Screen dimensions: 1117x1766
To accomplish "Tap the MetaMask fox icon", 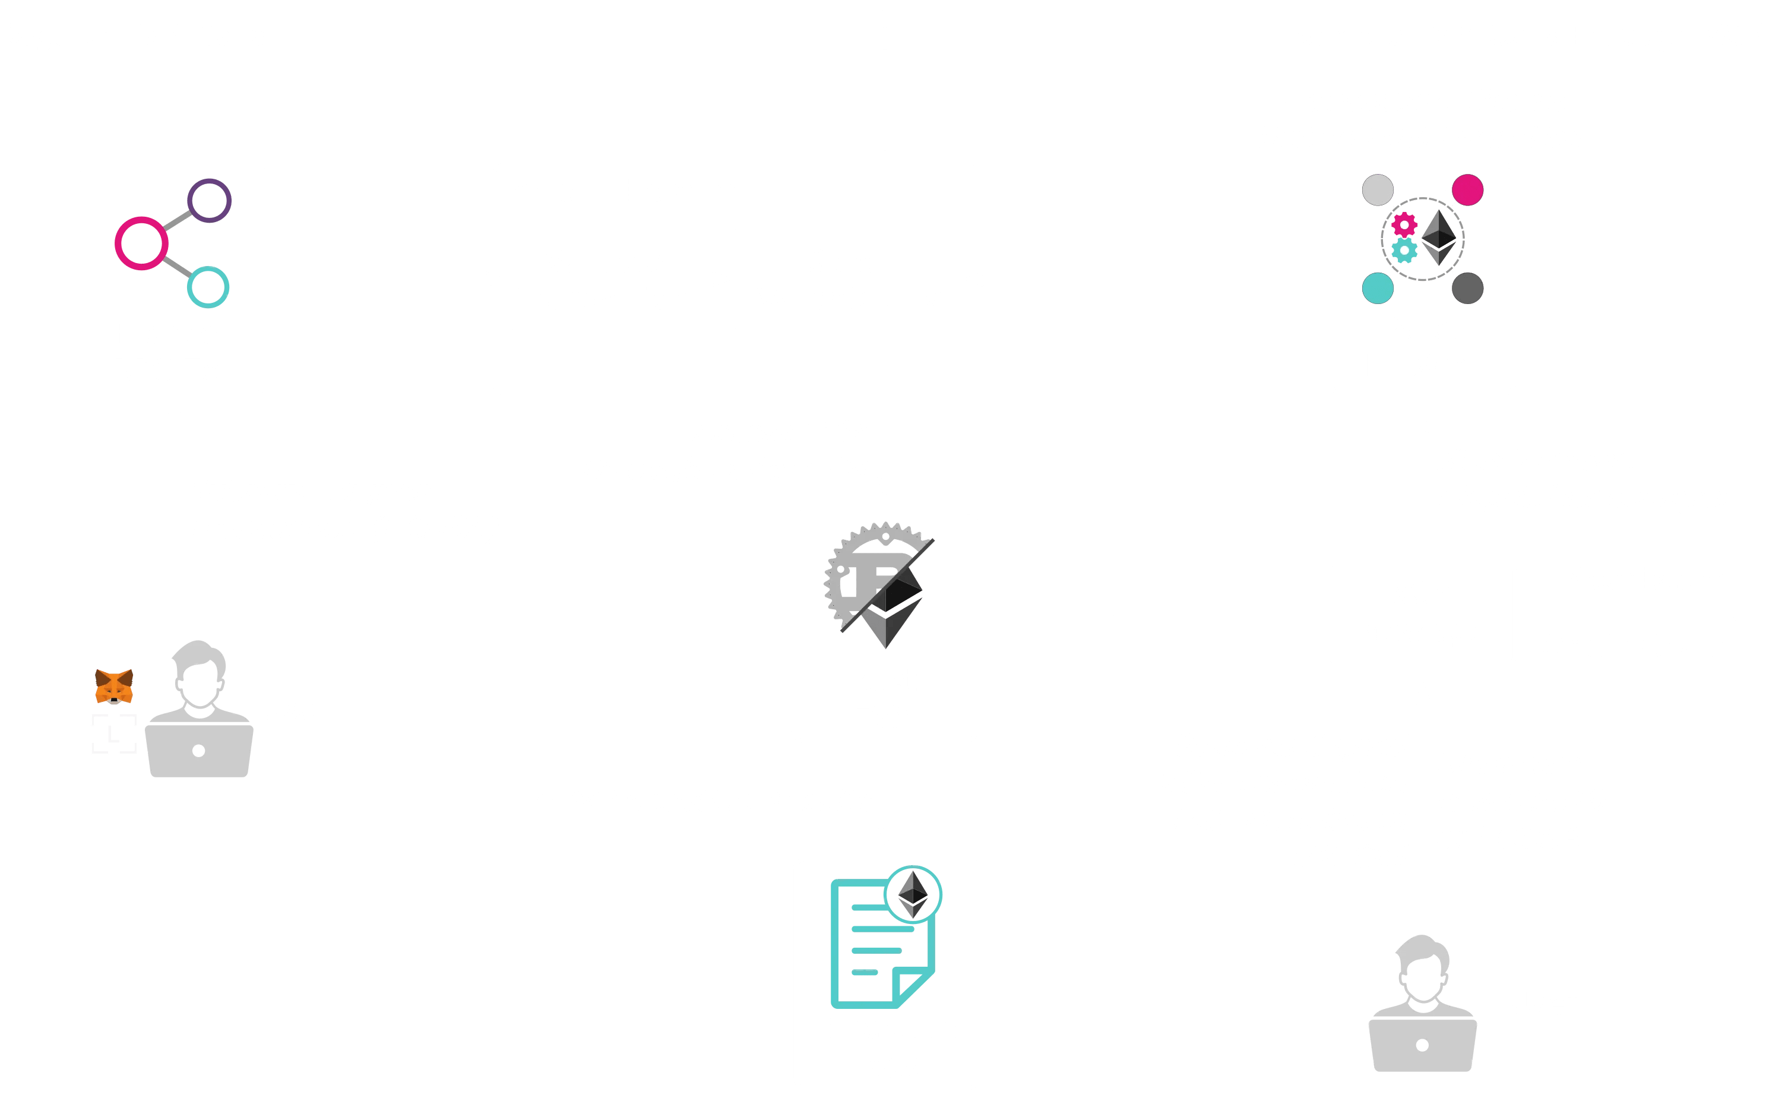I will click(113, 686).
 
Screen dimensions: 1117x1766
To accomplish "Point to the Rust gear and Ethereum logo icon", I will click(879, 584).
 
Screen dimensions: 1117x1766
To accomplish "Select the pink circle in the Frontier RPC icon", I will click(141, 243).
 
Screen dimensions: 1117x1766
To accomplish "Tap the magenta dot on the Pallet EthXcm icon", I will click(1467, 189).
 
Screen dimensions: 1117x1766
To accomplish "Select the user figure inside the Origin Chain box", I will click(1422, 1005).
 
